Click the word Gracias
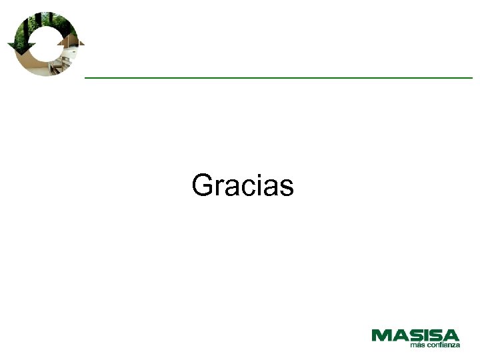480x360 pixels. tap(243, 185)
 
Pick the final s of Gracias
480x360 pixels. tap(287, 188)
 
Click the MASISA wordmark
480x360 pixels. tap(415, 335)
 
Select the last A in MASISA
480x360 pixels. tap(451, 335)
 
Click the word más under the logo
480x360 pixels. tap(417, 345)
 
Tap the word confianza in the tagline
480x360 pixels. tap(443, 345)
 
